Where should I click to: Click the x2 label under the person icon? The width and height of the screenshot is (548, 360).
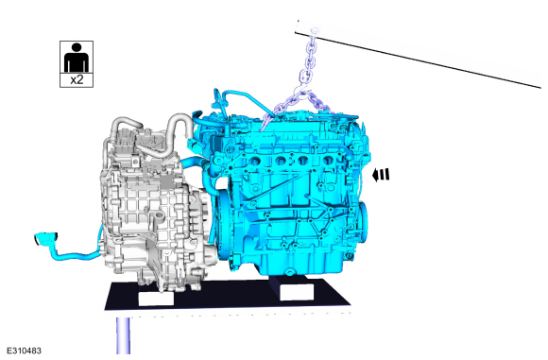point(77,79)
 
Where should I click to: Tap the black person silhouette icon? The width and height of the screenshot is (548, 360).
point(77,58)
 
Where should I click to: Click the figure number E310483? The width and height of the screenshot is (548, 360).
point(24,351)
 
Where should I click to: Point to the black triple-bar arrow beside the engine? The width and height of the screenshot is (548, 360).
point(380,175)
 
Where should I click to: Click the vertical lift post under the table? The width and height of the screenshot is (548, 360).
point(123,335)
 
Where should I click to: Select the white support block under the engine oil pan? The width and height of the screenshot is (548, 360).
point(297,291)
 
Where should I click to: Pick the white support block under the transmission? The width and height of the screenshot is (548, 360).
point(156,299)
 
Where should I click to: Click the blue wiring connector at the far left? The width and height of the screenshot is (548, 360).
point(45,239)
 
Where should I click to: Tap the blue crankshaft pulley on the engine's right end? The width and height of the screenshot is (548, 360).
point(363,222)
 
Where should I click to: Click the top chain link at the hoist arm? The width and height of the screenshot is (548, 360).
point(315,33)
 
